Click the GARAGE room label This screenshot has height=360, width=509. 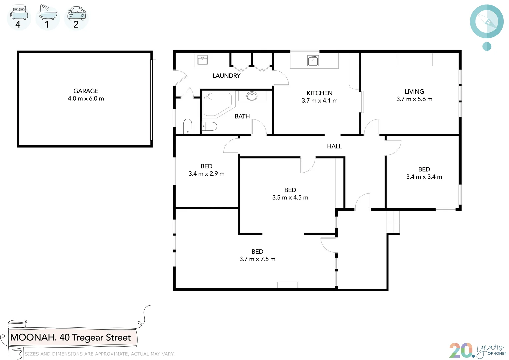coord(86,91)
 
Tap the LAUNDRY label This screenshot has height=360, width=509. coord(226,76)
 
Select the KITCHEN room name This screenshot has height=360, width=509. coord(319,93)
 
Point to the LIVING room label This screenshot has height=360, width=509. coord(414,92)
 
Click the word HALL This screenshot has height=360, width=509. coord(334,146)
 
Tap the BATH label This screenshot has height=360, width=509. coord(242,116)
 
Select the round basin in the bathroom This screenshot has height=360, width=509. coord(252,96)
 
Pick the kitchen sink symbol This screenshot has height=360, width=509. coord(313,61)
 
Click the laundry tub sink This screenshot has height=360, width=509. coord(202,60)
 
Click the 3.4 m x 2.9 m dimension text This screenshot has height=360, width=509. coord(206,174)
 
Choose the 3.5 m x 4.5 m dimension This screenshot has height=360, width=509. coord(290,198)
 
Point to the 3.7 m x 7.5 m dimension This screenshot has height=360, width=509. coord(257,259)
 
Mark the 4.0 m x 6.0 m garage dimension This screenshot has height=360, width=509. coord(86,99)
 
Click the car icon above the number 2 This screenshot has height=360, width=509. coord(76,13)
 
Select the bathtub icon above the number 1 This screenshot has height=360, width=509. coord(47,12)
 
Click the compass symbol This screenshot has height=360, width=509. coord(487,22)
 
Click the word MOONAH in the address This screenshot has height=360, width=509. coord(33,337)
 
